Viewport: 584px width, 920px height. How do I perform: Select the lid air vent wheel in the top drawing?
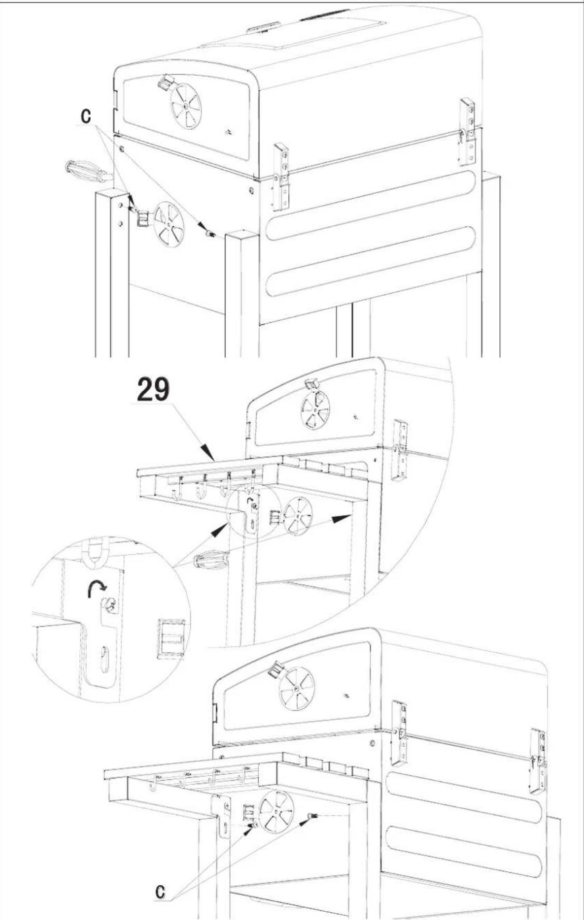(186, 106)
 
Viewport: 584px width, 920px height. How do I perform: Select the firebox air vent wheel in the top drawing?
(169, 224)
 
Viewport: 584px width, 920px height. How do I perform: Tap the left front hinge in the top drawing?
(282, 176)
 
